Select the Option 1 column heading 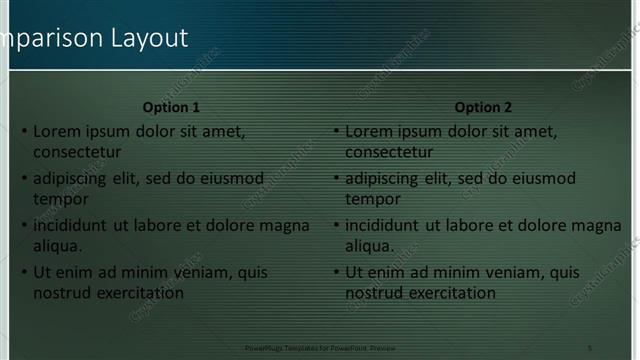click(171, 107)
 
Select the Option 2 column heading click(483, 107)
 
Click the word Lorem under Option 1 click(57, 131)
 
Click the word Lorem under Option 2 click(369, 131)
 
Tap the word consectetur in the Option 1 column click(77, 152)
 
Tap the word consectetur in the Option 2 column click(389, 152)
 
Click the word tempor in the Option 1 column click(61, 199)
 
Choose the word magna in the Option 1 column click(284, 226)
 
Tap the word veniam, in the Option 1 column click(188, 272)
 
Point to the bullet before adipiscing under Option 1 click(25, 179)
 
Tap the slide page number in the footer click(589, 346)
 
